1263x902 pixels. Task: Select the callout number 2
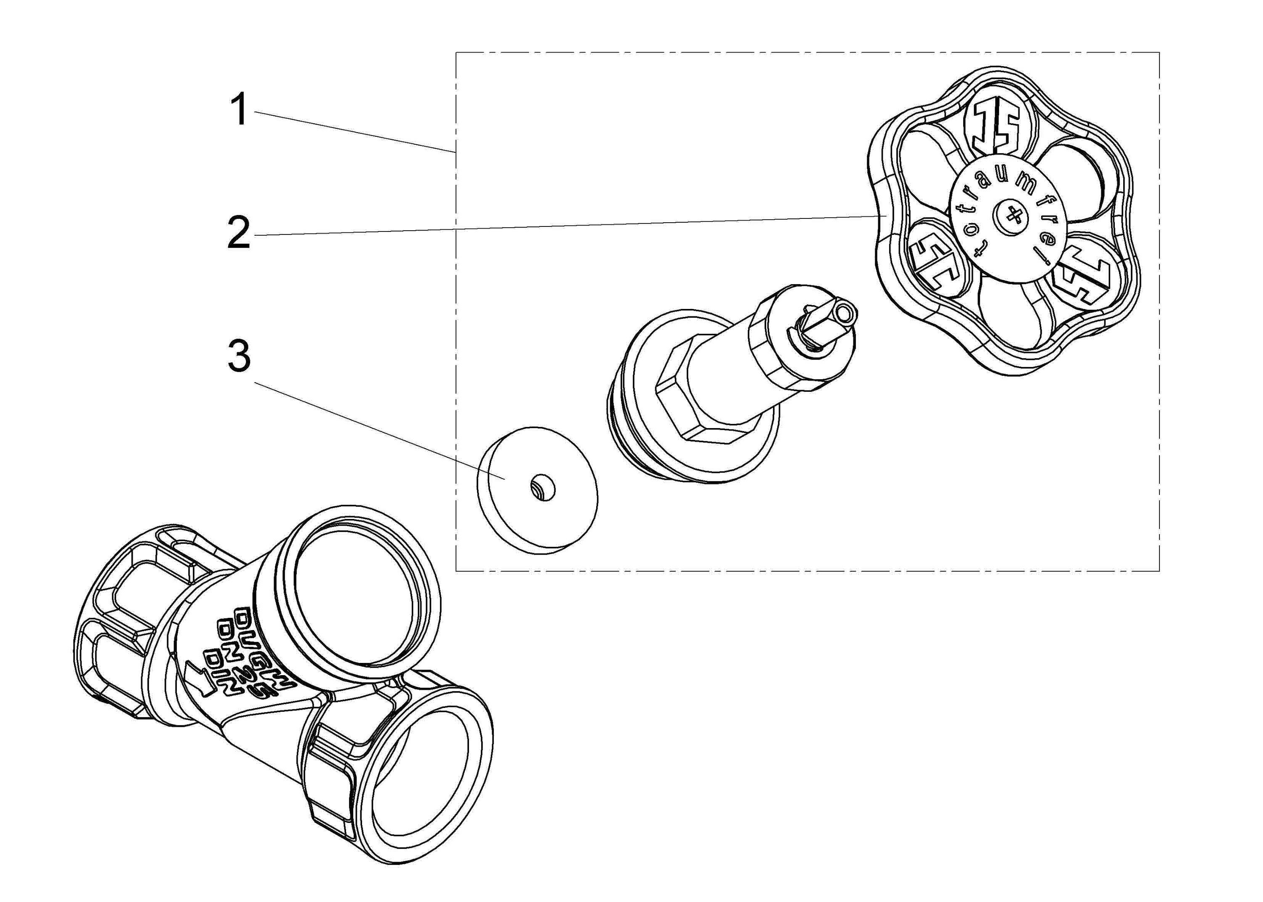click(x=240, y=234)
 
